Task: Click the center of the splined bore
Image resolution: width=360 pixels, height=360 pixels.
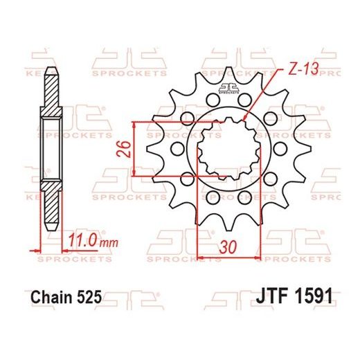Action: tap(227, 147)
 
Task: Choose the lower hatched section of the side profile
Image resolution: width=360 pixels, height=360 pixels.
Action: tap(51, 204)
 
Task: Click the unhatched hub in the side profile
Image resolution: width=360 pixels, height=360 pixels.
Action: tap(51, 150)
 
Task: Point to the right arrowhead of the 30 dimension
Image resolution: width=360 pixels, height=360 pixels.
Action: tap(257, 258)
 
